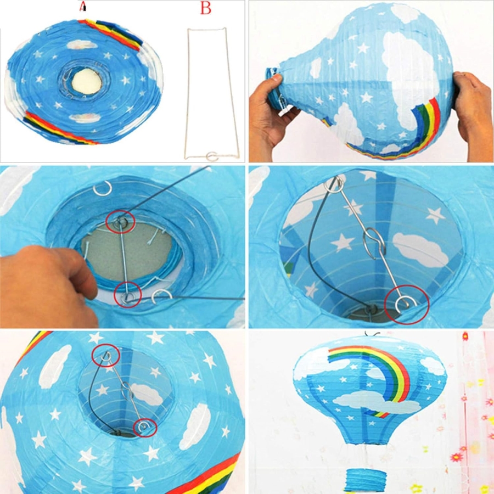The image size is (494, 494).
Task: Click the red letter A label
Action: pyautogui.click(x=82, y=6)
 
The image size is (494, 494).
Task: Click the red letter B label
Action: pyautogui.click(x=206, y=8)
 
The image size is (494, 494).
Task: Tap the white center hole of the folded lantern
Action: pyautogui.click(x=87, y=82)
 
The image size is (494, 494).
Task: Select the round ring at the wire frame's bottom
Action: pyautogui.click(x=212, y=156)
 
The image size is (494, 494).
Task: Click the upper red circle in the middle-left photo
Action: pyautogui.click(x=120, y=222)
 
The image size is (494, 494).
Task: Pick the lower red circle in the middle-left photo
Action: pyautogui.click(x=127, y=295)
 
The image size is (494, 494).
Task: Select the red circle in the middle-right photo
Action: pyautogui.click(x=407, y=305)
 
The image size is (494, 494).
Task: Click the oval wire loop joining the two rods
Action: pyautogui.click(x=374, y=243)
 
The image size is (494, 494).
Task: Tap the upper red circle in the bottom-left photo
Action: pyautogui.click(x=106, y=355)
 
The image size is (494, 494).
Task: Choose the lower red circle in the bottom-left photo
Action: pyautogui.click(x=145, y=428)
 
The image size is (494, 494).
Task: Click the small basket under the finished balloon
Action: pyautogui.click(x=365, y=480)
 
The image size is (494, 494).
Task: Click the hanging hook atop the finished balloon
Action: pyautogui.click(x=372, y=334)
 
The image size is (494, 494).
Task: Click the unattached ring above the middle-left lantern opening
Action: pyautogui.click(x=103, y=188)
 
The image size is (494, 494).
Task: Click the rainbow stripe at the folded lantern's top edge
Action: pyautogui.click(x=111, y=33)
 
